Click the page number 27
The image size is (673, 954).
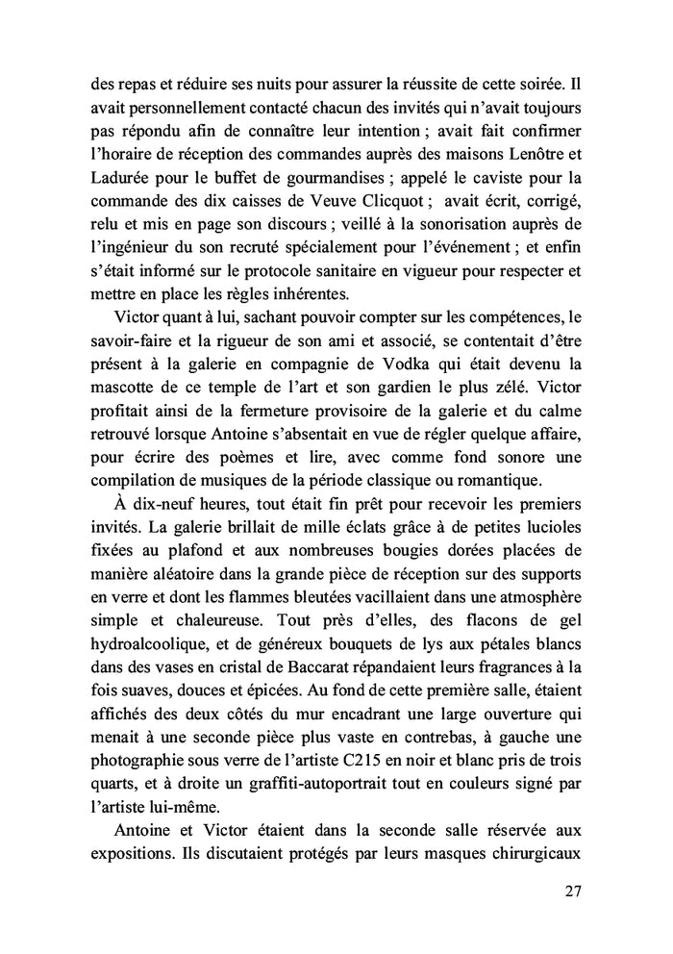pos(572,891)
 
